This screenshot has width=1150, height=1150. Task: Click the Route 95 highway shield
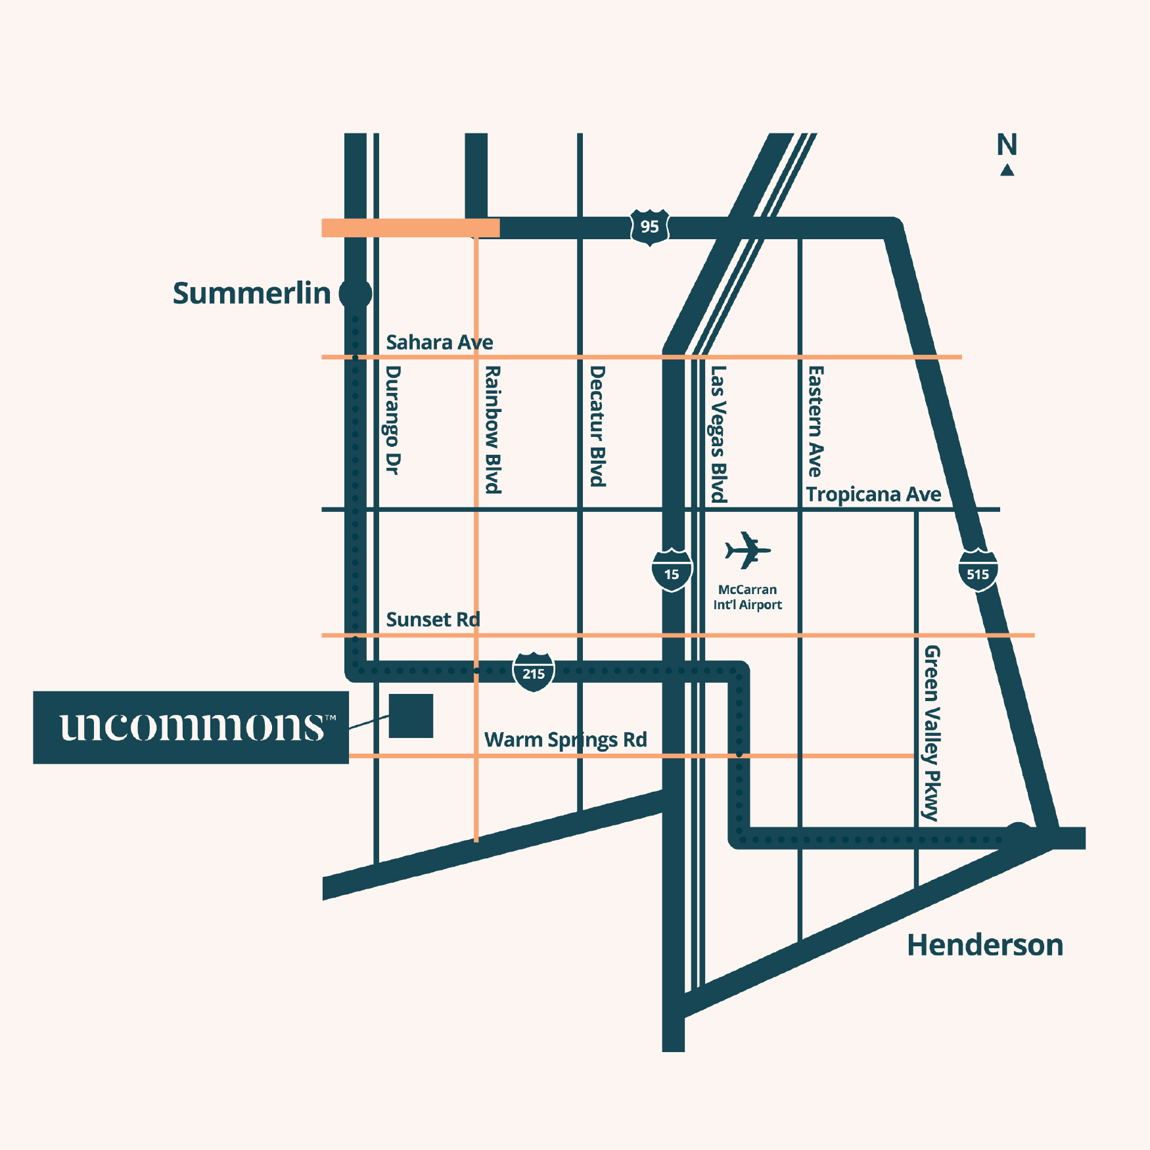pyautogui.click(x=649, y=227)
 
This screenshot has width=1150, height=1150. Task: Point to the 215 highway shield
pyautogui.click(x=533, y=672)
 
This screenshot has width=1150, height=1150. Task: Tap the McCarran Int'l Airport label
pyautogui.click(x=747, y=597)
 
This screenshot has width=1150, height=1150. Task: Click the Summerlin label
pyautogui.click(x=252, y=293)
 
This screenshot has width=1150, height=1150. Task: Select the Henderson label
pyautogui.click(x=984, y=945)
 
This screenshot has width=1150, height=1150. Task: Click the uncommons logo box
pyautogui.click(x=191, y=727)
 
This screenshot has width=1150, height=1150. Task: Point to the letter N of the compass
pyautogui.click(x=1007, y=145)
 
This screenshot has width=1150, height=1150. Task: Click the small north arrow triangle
pyautogui.click(x=1007, y=171)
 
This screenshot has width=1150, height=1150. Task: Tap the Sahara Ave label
pyautogui.click(x=439, y=342)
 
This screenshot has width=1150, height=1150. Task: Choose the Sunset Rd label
pyautogui.click(x=432, y=620)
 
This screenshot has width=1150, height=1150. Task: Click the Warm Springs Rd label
pyautogui.click(x=565, y=740)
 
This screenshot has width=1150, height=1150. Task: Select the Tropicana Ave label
pyautogui.click(x=873, y=494)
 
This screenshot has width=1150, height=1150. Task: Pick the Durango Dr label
pyautogui.click(x=392, y=421)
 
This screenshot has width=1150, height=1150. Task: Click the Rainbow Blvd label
pyautogui.click(x=493, y=430)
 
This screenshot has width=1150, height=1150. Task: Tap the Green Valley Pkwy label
pyautogui.click(x=932, y=733)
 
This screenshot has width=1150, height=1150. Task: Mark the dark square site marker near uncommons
pyautogui.click(x=411, y=716)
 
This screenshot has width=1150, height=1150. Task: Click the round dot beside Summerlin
pyautogui.click(x=356, y=293)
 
